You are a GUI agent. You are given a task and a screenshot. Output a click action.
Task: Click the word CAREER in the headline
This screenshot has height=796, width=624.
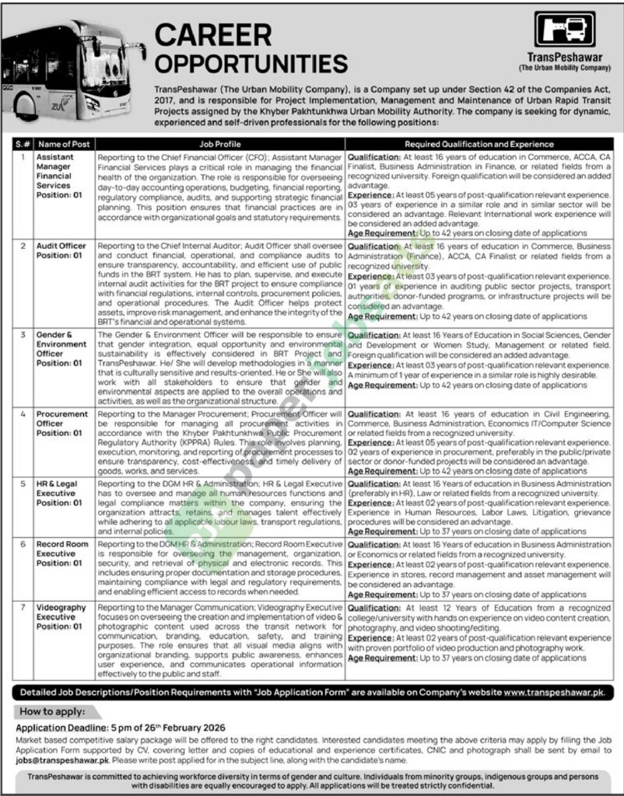point(214,35)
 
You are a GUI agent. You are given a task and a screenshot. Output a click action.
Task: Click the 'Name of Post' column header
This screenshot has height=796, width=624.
point(63,144)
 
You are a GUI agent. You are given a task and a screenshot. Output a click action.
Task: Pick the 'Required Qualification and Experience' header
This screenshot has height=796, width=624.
point(479,144)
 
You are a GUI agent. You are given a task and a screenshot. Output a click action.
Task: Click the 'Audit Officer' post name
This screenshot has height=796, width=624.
point(61,246)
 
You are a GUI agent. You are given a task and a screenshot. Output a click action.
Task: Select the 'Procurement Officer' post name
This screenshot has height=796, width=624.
point(62,419)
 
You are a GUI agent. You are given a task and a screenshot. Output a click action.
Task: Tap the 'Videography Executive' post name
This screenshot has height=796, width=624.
point(61,612)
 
